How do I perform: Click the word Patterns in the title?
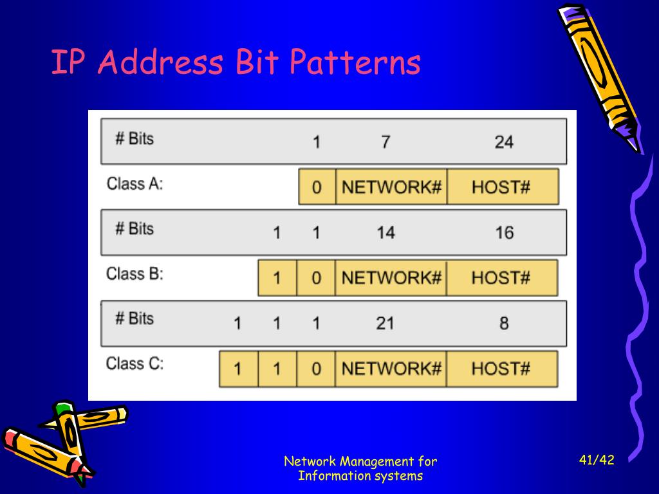coord(355,64)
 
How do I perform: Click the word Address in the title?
coord(160,64)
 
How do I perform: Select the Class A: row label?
coord(135,184)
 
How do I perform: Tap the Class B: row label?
coord(135,274)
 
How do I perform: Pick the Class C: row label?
coord(135,364)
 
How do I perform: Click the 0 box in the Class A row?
coord(317,188)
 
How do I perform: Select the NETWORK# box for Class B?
coord(391,278)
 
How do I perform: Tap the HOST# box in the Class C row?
coord(501,369)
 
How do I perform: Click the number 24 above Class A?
coord(504,142)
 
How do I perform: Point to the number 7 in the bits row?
coord(385,142)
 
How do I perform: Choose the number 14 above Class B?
coord(385,232)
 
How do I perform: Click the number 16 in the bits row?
coord(504,232)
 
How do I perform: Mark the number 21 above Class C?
coord(385,323)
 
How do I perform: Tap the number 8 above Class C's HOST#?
coord(504,323)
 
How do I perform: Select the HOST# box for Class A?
coord(501,188)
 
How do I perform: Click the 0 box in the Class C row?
coord(316,369)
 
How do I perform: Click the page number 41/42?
coord(597,460)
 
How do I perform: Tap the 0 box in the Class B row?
coord(316,278)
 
